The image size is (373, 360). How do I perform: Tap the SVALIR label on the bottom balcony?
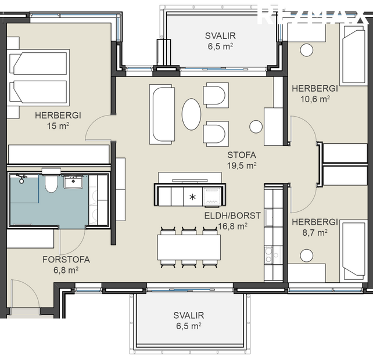pyautogui.click(x=188, y=321)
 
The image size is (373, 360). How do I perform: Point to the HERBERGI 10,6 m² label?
pyautogui.click(x=315, y=93)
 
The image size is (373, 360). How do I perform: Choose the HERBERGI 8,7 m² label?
pyautogui.click(x=314, y=227)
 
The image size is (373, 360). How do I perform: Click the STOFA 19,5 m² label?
pyautogui.click(x=242, y=160)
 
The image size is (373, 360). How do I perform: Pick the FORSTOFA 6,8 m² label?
pyautogui.click(x=66, y=265)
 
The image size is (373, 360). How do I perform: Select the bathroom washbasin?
pyautogui.click(x=74, y=182)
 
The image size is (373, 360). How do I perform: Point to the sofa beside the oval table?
pyautogui.click(x=163, y=114)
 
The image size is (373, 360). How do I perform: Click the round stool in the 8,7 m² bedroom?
pyautogui.click(x=305, y=255)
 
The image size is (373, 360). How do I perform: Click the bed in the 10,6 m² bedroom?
pyautogui.click(x=353, y=56)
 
